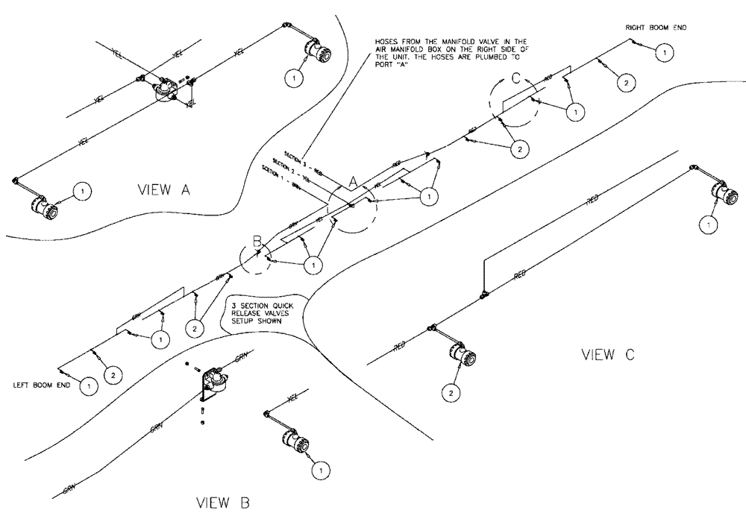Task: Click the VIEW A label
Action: point(163,190)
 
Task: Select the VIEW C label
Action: point(608,355)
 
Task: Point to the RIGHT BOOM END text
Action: point(656,28)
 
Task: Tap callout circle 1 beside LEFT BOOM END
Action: point(88,386)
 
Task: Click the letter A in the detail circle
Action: point(355,179)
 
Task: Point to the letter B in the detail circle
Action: point(257,241)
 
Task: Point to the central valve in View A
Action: point(164,91)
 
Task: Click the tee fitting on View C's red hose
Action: point(483,294)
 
